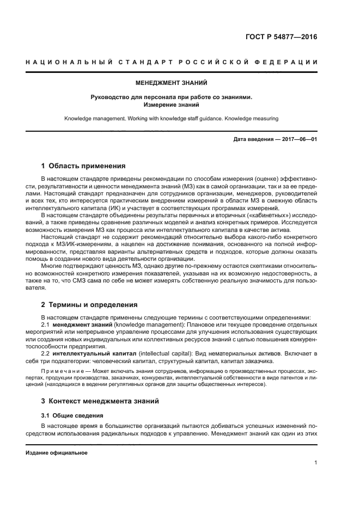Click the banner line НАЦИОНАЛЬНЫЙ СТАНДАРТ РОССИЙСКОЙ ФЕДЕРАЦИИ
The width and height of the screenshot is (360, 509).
click(172, 62)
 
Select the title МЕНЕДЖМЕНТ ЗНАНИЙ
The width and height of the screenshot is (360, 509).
click(172, 84)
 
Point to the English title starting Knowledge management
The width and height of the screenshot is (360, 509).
click(172, 118)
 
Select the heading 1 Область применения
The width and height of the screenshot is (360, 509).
click(84, 165)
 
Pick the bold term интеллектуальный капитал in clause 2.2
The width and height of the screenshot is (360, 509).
click(89, 353)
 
